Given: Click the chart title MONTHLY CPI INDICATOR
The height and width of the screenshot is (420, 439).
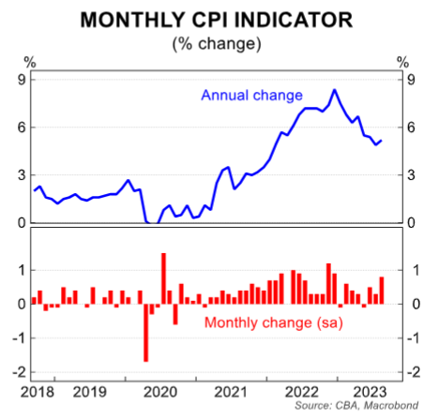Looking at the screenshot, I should pyautogui.click(x=219, y=19).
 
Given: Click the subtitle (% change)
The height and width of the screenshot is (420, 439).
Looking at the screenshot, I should pyautogui.click(x=219, y=42).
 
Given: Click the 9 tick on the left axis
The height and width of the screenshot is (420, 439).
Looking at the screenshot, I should pyautogui.click(x=19, y=80).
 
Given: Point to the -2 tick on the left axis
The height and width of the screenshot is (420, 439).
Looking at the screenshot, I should pyautogui.click(x=17, y=372).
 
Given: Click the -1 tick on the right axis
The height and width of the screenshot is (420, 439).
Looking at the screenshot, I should pyautogui.click(x=408, y=338).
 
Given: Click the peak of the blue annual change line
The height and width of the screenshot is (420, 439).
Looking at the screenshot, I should pyautogui.click(x=334, y=90).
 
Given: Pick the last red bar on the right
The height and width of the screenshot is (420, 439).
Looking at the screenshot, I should pyautogui.click(x=382, y=290).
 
